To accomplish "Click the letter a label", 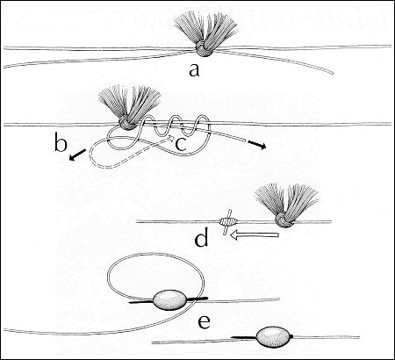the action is [x=194, y=70].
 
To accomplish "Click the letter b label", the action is [x=61, y=144].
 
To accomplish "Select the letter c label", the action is [x=181, y=144].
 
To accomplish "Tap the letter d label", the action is [x=201, y=238].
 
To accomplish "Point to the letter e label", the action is [x=204, y=322].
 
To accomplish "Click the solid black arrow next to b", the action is [x=78, y=155].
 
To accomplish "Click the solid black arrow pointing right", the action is [x=257, y=145].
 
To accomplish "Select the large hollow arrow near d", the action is [x=254, y=235].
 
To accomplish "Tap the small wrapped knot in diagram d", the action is [x=227, y=222].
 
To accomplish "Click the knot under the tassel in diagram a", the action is [x=203, y=49].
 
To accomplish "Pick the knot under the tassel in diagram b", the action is [x=126, y=126].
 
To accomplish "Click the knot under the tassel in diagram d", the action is [x=284, y=220].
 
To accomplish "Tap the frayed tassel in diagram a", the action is [x=205, y=31].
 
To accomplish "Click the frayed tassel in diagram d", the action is [x=286, y=200].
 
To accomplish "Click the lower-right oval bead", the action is [x=274, y=337].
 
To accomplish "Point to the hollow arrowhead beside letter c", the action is [x=170, y=138].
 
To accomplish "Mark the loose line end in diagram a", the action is [x=332, y=72].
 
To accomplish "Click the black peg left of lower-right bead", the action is [x=244, y=337].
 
